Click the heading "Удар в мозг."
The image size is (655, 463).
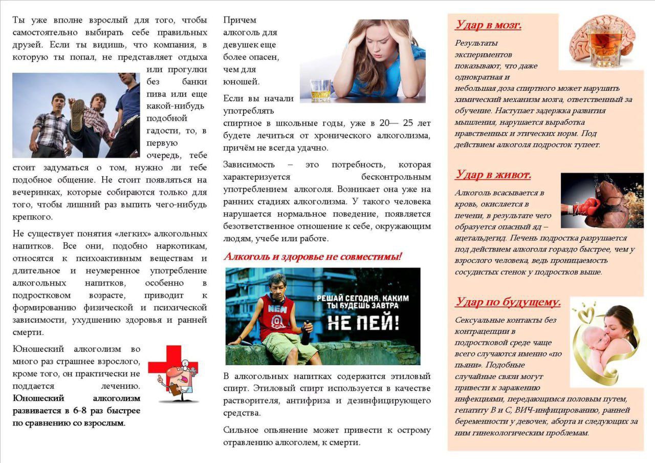tap(488, 25)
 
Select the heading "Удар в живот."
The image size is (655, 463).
tap(493, 175)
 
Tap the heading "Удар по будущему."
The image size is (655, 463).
tap(508, 302)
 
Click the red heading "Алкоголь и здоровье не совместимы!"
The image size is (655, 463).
tap(313, 256)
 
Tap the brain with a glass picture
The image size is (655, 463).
tap(601, 41)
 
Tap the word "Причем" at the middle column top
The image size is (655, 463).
tap(240, 20)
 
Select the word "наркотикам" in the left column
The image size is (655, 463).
tap(182, 246)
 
